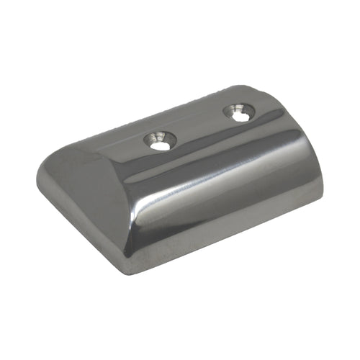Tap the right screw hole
pyautogui.click(x=238, y=111)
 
